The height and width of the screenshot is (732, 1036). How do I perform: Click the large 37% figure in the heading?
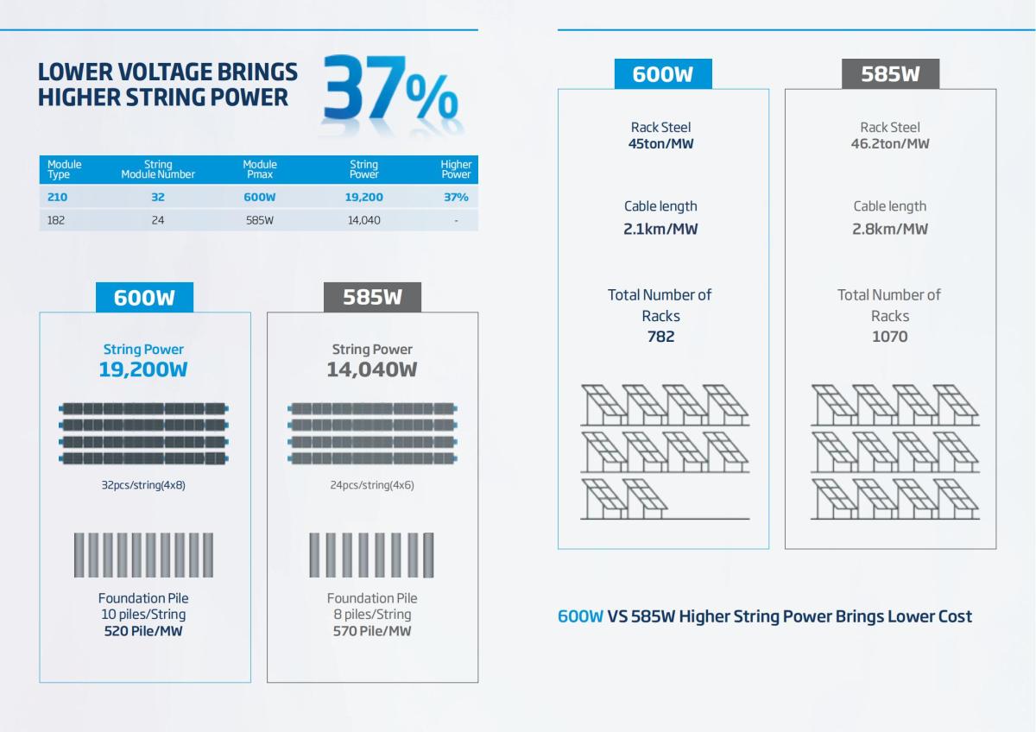pyautogui.click(x=389, y=89)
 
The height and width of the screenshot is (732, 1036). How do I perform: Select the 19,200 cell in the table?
pyautogui.click(x=363, y=197)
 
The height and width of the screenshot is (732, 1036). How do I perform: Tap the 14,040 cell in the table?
pyautogui.click(x=363, y=220)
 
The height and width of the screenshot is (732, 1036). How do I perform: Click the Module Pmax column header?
pyautogui.click(x=260, y=169)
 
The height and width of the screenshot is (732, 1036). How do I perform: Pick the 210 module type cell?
pyautogui.click(x=57, y=197)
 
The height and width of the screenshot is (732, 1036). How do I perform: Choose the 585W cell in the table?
pyautogui.click(x=260, y=220)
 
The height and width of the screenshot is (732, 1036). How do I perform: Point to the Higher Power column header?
pyautogui.click(x=456, y=169)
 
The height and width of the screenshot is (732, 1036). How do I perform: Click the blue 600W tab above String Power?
pyautogui.click(x=144, y=298)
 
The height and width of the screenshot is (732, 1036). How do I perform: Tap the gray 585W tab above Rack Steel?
pyautogui.click(x=890, y=74)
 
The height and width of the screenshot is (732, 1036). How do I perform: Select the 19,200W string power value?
pyautogui.click(x=143, y=369)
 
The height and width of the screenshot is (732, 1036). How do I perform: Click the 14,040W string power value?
pyautogui.click(x=372, y=369)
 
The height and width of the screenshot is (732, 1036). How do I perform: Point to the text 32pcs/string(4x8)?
pyautogui.click(x=143, y=485)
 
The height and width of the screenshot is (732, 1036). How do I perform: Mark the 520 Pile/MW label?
pyautogui.click(x=143, y=631)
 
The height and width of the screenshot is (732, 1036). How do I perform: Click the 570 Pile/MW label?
pyautogui.click(x=372, y=631)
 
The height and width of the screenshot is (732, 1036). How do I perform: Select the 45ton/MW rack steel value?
pyautogui.click(x=660, y=143)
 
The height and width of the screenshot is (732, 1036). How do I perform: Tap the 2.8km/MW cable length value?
pyautogui.click(x=890, y=229)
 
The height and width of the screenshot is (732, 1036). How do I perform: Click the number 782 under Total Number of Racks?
pyautogui.click(x=660, y=337)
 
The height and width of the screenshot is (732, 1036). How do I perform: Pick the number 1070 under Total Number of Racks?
pyautogui.click(x=890, y=337)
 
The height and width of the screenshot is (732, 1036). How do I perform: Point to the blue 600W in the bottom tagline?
pyautogui.click(x=580, y=616)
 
